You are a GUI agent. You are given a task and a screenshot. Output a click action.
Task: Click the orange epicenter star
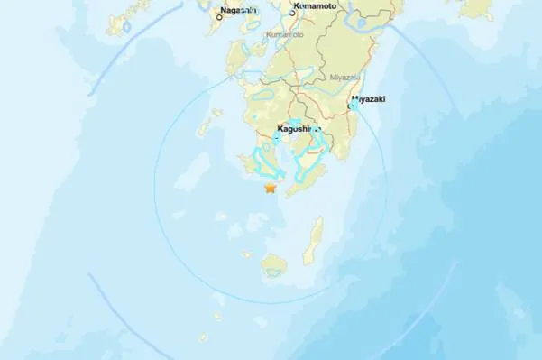270,188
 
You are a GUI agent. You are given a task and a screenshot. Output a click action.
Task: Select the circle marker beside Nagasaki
219,16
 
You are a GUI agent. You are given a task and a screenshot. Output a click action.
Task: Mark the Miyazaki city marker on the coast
355,105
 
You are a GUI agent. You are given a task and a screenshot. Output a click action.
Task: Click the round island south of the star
275,264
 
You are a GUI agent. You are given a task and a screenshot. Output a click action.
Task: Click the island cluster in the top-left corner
126,16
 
